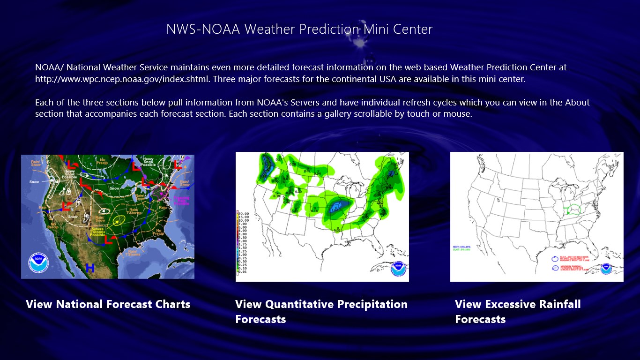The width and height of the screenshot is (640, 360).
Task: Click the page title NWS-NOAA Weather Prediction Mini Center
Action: point(299,29)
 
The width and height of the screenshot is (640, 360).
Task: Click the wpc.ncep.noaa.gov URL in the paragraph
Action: point(123,79)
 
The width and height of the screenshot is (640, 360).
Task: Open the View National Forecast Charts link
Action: point(108,304)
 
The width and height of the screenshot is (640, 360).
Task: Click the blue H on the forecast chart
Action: point(90,268)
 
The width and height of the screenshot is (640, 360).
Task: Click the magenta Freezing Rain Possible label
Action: point(181,200)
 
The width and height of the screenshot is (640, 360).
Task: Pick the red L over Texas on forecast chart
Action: point(108,240)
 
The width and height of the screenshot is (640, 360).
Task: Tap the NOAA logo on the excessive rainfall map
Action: point(607,269)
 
